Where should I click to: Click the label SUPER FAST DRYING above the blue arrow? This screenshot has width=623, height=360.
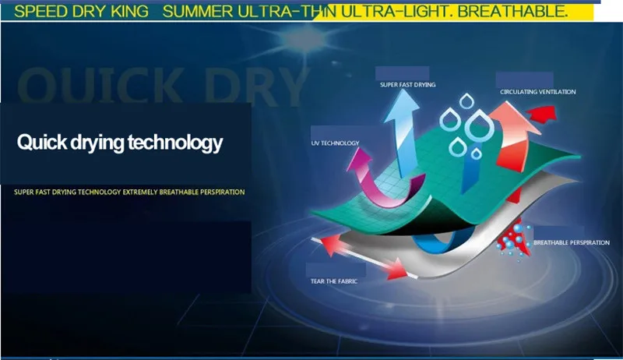coord(407,85)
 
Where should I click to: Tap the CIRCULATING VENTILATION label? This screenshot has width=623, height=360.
coord(538,92)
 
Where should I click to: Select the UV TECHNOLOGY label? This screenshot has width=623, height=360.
coord(336,143)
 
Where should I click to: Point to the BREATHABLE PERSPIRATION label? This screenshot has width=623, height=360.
coord(572,242)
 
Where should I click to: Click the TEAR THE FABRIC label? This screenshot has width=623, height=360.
coord(334,281)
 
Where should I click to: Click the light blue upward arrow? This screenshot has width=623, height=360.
coord(402,131)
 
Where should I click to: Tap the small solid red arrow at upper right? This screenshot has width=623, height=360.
coord(542,113)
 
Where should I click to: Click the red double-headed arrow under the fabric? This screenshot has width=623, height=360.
coord(364,256)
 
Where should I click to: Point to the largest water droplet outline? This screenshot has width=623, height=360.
coord(479,125)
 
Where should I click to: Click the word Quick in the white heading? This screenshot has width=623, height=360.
coord(42,142)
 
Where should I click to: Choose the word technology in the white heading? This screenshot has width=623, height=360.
coord(175,143)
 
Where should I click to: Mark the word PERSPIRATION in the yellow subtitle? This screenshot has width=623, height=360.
coord(223,192)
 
